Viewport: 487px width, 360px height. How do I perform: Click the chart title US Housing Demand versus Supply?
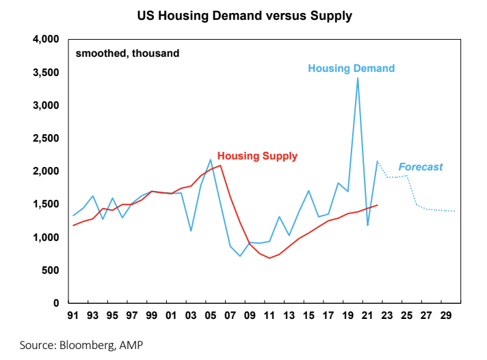point(243,15)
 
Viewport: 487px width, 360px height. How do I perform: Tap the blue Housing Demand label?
point(352,68)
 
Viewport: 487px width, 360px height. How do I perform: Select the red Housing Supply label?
point(257,156)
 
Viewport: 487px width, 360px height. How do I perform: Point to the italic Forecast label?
point(421,166)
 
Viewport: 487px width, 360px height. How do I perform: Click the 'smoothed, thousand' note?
point(127,53)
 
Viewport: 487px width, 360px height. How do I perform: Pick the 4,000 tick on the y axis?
point(47,40)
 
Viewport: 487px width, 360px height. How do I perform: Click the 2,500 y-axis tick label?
point(47,139)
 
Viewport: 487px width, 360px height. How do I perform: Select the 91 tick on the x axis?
point(73,318)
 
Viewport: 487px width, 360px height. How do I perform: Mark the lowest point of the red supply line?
point(270,258)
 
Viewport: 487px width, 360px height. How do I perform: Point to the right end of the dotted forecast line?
point(456,211)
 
